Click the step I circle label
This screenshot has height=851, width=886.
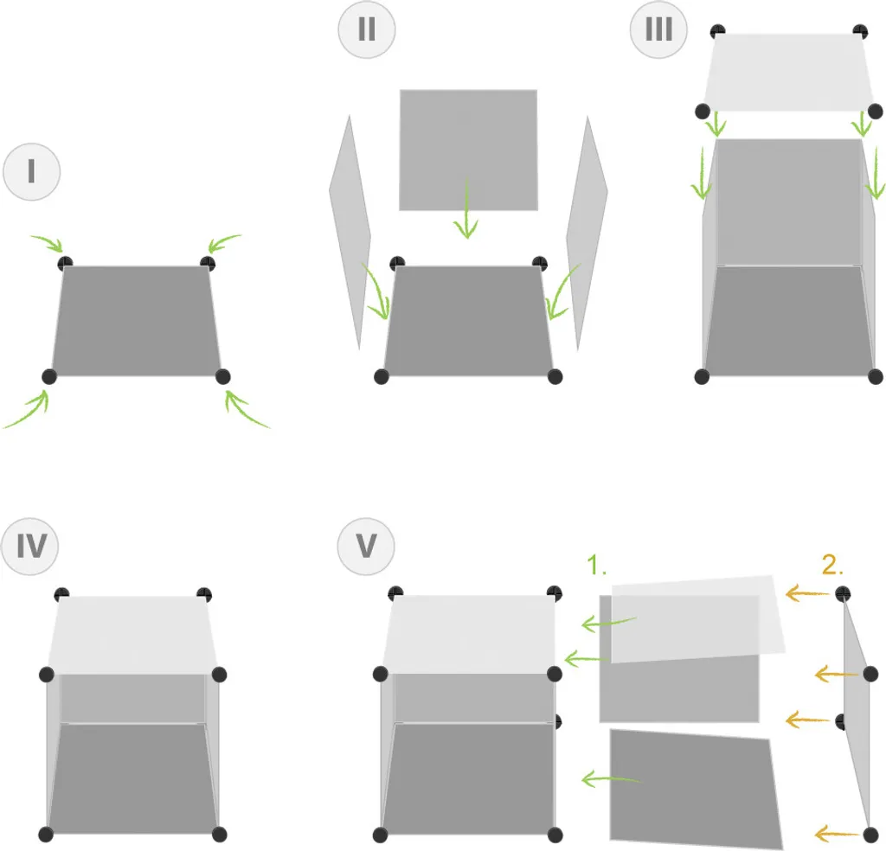pyautogui.click(x=31, y=172)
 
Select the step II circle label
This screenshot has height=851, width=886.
pyautogui.click(x=367, y=30)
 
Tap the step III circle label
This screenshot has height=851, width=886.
pyautogui.click(x=658, y=30)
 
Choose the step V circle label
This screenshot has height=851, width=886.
pyautogui.click(x=366, y=547)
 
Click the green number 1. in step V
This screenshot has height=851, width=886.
pyautogui.click(x=598, y=566)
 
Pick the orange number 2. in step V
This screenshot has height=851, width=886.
pyautogui.click(x=832, y=566)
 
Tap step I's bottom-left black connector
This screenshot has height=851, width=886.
pyautogui.click(x=49, y=376)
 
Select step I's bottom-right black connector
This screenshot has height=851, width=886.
pyautogui.click(x=222, y=376)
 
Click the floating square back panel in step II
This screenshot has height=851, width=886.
pyautogui.click(x=468, y=149)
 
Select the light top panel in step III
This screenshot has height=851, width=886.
pyautogui.click(x=789, y=73)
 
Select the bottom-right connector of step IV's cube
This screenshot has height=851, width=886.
pyautogui.click(x=219, y=834)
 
